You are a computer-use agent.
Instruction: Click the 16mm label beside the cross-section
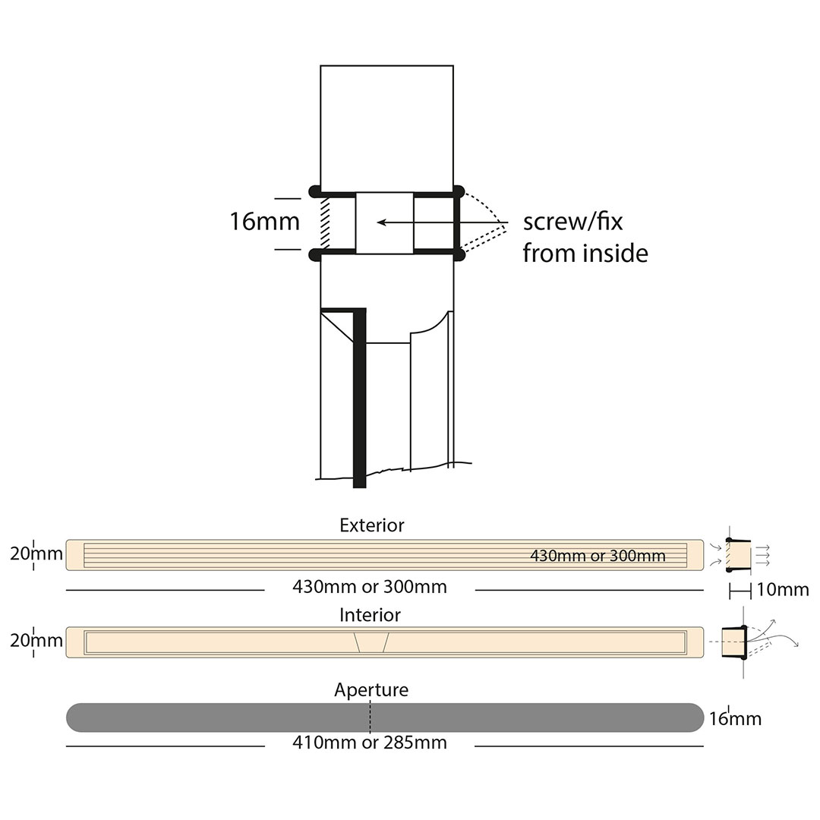[264, 222]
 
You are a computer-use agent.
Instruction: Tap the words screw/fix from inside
[585, 238]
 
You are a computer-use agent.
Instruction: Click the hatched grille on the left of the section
[325, 222]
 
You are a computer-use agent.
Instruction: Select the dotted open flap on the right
[484, 222]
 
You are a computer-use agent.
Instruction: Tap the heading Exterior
[372, 525]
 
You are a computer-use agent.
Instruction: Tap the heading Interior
[370, 614]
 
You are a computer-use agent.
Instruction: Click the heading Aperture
[371, 689]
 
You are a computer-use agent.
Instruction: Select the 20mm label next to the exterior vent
[36, 553]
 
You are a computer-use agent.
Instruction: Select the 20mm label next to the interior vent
[36, 640]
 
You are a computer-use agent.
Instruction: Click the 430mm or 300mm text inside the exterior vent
[598, 556]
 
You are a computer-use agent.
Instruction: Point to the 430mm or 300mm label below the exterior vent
[370, 587]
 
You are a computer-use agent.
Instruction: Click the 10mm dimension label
[784, 590]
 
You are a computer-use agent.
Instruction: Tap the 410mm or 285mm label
[370, 743]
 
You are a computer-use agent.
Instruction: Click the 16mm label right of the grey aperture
[735, 718]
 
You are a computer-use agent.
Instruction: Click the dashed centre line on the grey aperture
[371, 717]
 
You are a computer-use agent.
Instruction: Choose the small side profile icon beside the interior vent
[734, 641]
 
